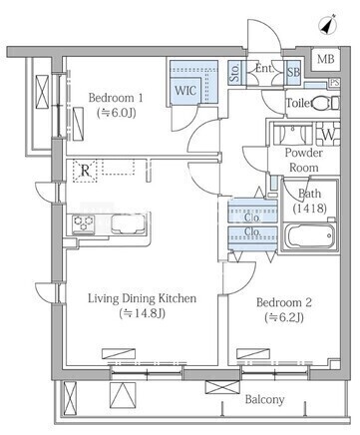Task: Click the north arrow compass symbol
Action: click(x=329, y=25)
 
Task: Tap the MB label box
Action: click(x=326, y=59)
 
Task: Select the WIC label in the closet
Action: click(x=185, y=90)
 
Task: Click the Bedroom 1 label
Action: click(x=116, y=98)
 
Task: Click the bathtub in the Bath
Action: click(x=310, y=236)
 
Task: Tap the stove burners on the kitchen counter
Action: click(x=84, y=223)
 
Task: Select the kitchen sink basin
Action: click(x=128, y=223)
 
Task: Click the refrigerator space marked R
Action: click(x=86, y=171)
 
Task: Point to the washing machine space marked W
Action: click(x=328, y=135)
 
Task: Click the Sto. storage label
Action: click(x=234, y=72)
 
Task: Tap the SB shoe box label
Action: click(x=293, y=72)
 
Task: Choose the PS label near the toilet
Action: click(x=334, y=82)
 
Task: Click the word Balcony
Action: click(x=264, y=399)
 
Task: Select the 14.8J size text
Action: click(x=143, y=313)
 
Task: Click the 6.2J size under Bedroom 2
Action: click(x=284, y=317)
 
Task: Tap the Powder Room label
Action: click(x=304, y=160)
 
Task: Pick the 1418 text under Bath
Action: click(x=310, y=209)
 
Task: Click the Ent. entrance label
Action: click(x=265, y=69)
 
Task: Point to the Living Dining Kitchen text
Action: click(x=142, y=298)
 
